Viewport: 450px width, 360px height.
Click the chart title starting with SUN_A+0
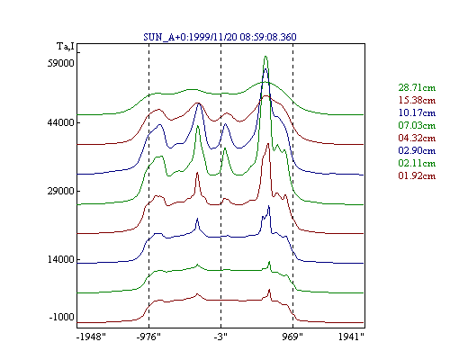point(220,37)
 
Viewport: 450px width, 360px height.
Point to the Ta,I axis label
point(66,47)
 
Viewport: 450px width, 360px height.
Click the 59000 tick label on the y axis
point(61,63)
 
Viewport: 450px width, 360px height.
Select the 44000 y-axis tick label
point(61,122)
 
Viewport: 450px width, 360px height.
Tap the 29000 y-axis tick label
point(61,191)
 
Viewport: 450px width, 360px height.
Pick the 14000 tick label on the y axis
point(61,259)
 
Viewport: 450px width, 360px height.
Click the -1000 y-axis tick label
point(62,317)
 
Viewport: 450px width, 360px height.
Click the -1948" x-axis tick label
point(91,337)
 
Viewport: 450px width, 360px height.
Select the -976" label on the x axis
point(148,337)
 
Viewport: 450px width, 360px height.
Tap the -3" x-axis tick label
point(220,337)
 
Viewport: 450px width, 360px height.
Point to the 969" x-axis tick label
point(292,337)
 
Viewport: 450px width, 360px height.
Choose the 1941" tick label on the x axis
point(351,337)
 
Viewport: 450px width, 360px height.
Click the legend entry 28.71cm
point(417,87)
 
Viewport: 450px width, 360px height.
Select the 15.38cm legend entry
point(417,100)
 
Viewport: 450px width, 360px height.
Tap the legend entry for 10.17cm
point(417,112)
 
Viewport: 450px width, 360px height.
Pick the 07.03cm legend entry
point(417,125)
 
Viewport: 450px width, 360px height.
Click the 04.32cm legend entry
point(417,138)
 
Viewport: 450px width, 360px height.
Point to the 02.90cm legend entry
point(417,150)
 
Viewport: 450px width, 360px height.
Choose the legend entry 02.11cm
point(417,163)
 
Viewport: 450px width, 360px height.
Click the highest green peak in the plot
point(265,57)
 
